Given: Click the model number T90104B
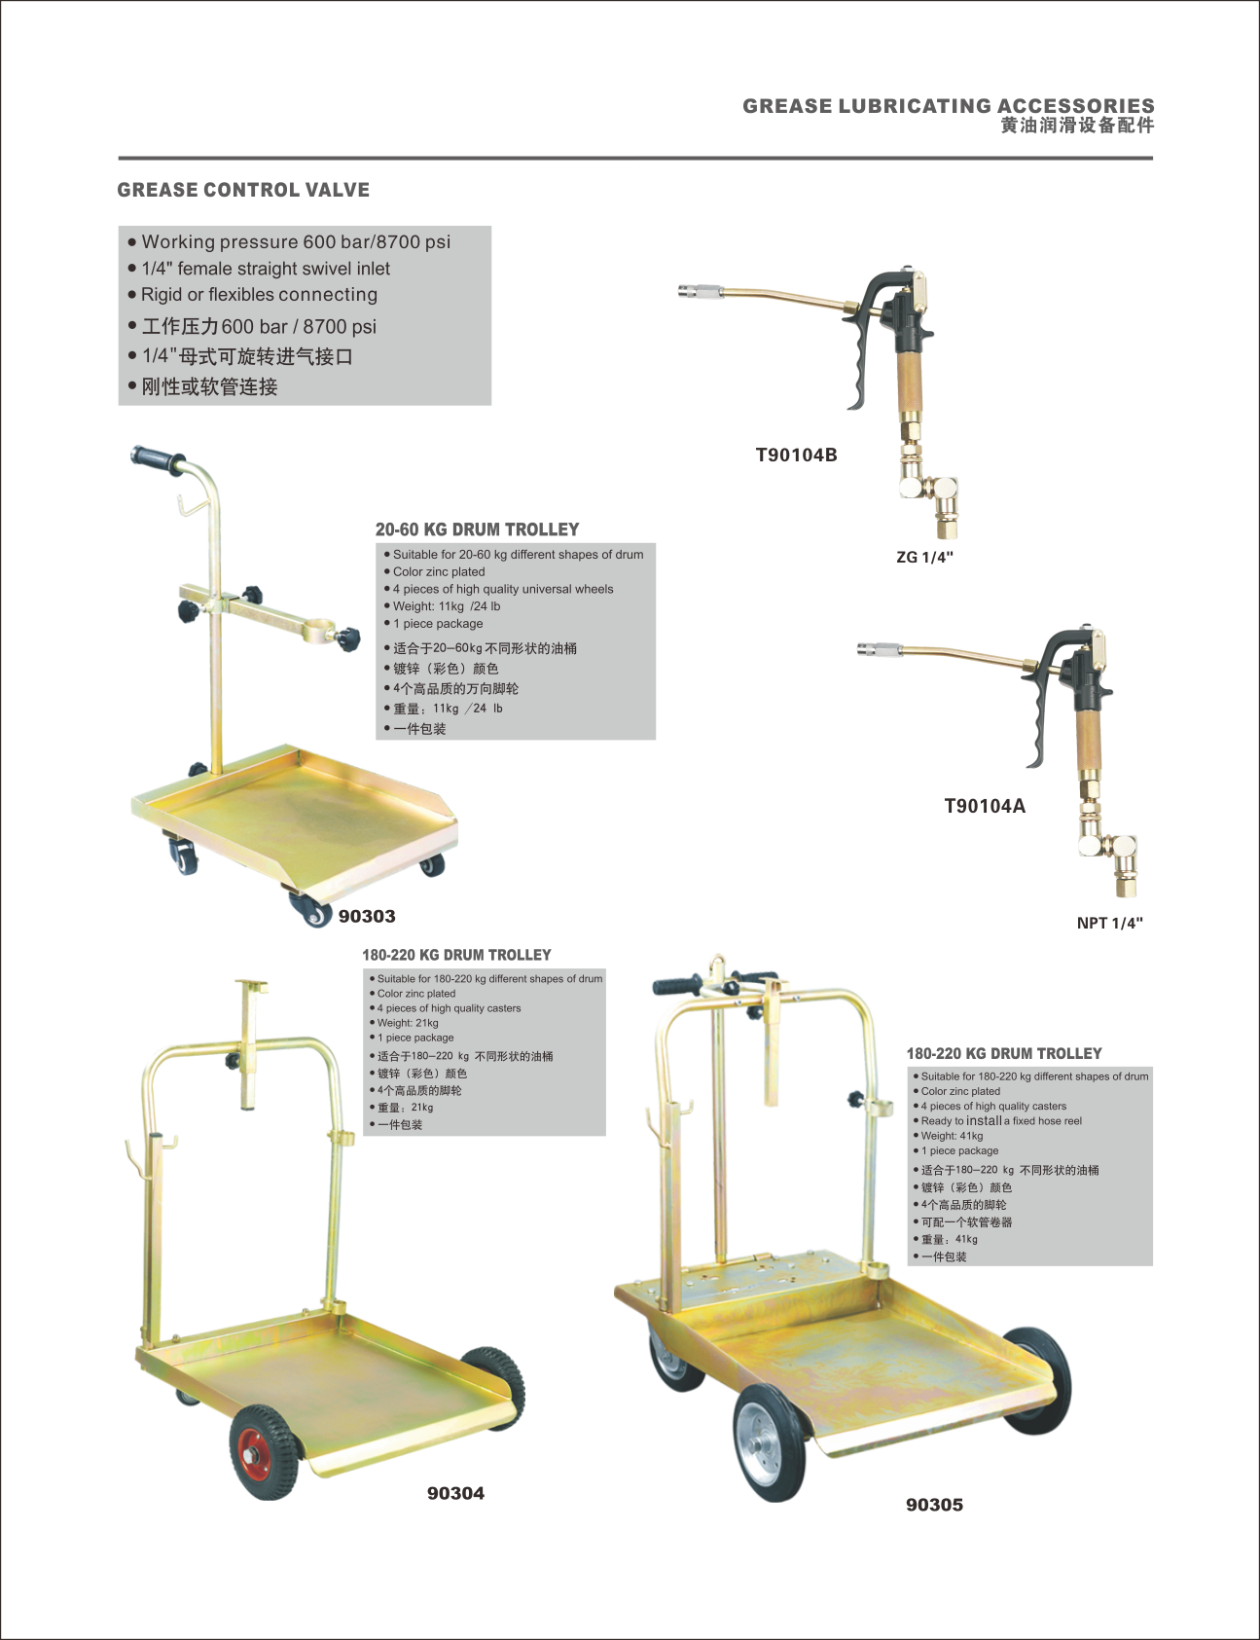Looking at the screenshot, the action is click(796, 455).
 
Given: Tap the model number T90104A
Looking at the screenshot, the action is click(985, 806).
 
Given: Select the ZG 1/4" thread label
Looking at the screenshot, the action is click(924, 558).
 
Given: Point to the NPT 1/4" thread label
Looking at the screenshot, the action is click(1109, 924).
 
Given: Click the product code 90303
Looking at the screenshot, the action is click(367, 916).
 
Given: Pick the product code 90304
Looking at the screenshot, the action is click(455, 1493).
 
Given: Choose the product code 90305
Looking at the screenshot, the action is click(934, 1505).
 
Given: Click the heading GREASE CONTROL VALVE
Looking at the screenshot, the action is click(243, 190).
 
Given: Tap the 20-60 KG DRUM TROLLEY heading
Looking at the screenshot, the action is click(477, 529).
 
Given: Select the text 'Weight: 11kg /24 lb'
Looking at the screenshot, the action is click(447, 606).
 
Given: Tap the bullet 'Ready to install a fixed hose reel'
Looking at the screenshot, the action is click(1001, 1121).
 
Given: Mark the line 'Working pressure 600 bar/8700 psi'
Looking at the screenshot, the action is click(296, 241).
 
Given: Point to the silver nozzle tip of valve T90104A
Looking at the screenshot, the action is click(874, 649).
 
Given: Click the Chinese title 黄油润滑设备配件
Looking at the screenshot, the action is click(1077, 126).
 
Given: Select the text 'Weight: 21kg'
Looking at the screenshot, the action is click(408, 1023).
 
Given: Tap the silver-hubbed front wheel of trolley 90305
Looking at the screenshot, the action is click(771, 1442).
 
